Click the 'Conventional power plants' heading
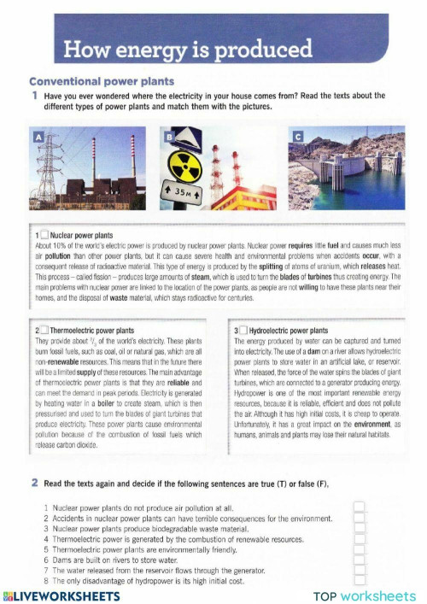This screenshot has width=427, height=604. [101, 82]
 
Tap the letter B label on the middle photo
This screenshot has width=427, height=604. [169, 137]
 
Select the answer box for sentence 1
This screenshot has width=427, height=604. [360, 507]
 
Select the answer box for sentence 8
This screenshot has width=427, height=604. [360, 581]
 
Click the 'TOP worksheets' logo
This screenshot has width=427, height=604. [364, 595]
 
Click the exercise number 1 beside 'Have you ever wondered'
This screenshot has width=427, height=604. [34, 96]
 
